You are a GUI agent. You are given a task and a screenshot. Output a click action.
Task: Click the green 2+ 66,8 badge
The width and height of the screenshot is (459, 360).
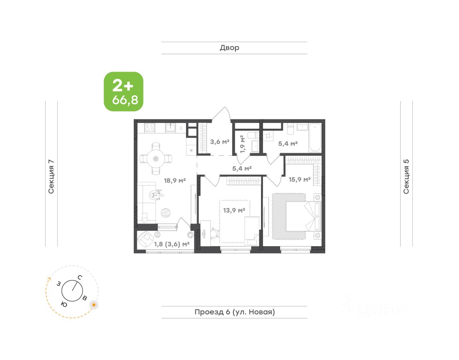[123, 92]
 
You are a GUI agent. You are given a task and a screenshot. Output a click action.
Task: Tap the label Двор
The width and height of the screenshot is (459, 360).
[229, 48]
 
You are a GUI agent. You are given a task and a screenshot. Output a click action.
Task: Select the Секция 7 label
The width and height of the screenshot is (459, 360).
[51, 177]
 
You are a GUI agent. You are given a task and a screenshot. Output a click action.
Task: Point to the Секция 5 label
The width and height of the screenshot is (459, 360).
[406, 177]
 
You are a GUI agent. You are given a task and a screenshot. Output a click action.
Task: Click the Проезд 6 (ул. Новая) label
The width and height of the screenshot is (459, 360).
[235, 312]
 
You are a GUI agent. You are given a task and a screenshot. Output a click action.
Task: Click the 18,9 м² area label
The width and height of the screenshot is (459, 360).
[175, 180]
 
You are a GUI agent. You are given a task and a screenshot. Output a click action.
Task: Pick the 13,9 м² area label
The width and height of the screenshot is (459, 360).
[234, 210]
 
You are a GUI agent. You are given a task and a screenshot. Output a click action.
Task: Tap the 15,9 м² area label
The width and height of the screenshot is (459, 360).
[299, 180]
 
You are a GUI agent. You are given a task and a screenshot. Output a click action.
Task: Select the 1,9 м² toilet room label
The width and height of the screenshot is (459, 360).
[243, 144]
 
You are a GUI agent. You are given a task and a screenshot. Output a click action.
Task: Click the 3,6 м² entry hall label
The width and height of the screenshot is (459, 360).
[220, 142]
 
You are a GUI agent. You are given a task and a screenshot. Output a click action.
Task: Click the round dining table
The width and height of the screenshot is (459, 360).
[156, 158]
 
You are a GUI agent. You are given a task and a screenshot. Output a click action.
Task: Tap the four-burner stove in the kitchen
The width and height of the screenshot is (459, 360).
[150, 127]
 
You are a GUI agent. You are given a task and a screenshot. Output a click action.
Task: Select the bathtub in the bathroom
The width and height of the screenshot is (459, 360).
[315, 138]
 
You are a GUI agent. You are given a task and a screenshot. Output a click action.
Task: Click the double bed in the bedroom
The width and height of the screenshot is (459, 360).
[303, 216]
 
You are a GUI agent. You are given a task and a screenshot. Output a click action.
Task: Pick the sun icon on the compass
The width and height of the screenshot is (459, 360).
[94, 305]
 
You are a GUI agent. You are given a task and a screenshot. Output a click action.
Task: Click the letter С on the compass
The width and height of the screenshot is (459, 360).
[80, 278]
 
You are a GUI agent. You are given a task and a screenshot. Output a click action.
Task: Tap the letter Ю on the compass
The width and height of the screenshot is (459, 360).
[64, 304]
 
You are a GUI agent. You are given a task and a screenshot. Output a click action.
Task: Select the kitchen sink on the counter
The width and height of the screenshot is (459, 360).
[170, 127]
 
